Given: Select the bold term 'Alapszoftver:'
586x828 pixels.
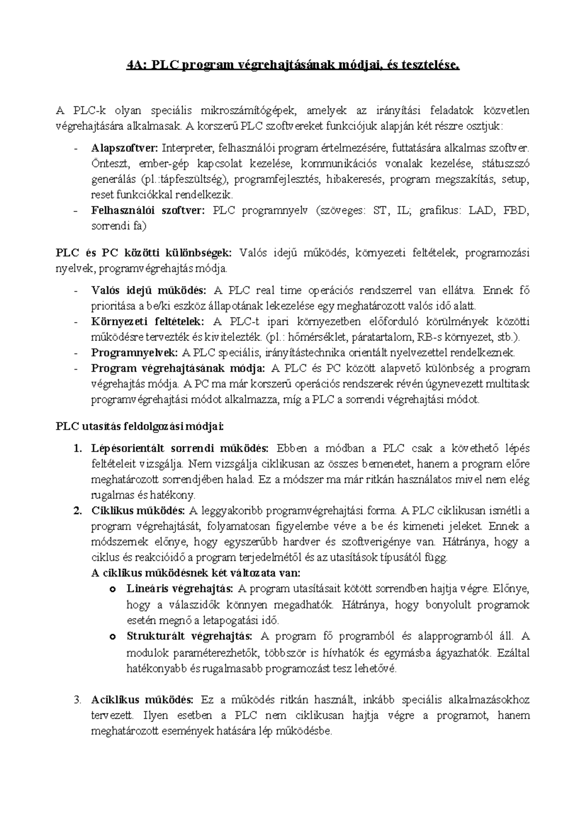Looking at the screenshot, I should point(125,148).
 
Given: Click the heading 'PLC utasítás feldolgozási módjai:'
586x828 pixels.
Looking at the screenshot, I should point(140,427).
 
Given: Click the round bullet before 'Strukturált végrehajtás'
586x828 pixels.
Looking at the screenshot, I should point(112,637).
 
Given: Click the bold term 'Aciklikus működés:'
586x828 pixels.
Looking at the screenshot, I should point(142,700).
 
